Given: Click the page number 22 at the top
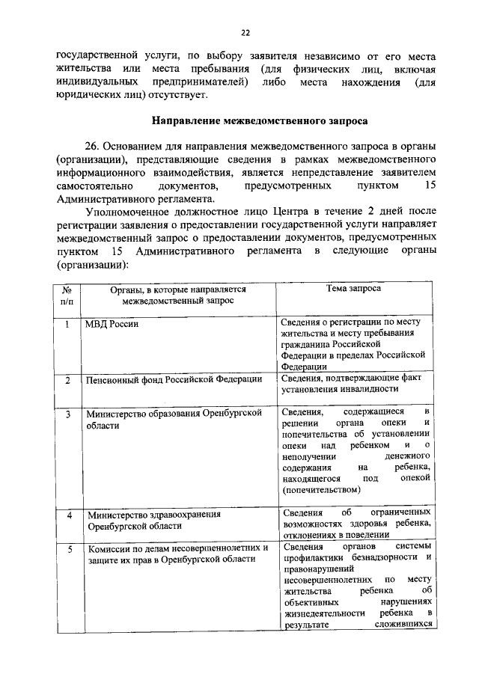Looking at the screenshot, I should (244, 32).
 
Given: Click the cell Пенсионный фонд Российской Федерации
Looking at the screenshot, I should (174, 380).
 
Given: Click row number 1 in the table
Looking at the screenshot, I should (67, 325).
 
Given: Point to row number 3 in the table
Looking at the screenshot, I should (67, 413).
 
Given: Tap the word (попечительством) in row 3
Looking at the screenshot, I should (321, 489).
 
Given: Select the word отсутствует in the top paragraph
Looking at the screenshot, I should (183, 95).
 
